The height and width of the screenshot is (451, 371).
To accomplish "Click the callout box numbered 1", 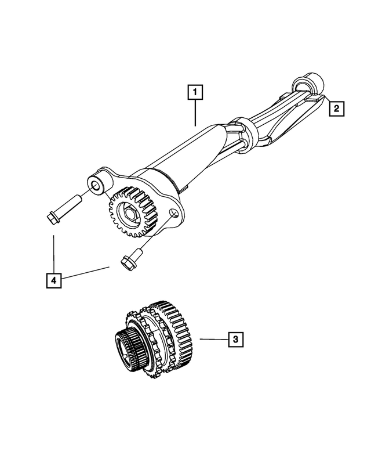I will coord(195,92).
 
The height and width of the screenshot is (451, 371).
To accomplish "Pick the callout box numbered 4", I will coord(53,280).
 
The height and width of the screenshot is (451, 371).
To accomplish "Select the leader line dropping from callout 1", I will coord(195,113).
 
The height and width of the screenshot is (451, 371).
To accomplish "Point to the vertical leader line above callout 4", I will coord(53,252).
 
